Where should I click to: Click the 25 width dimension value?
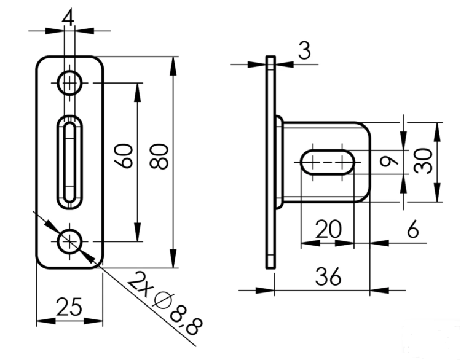(68, 307)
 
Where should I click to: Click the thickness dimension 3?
(304, 51)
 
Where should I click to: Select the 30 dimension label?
(423, 162)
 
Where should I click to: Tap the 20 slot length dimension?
(328, 230)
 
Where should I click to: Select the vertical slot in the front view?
(69, 161)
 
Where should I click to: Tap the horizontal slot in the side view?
(328, 162)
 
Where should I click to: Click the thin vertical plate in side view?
(270, 162)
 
